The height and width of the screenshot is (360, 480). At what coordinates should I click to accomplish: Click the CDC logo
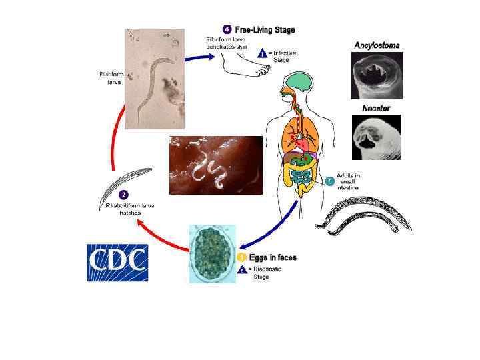(x=117, y=262)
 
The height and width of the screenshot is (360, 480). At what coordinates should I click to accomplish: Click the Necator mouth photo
(x=377, y=137)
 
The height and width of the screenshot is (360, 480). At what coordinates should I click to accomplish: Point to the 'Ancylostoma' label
(x=377, y=45)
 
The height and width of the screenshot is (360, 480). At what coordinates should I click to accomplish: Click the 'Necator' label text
(x=376, y=108)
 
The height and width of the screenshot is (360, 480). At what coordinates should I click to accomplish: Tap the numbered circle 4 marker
(x=227, y=29)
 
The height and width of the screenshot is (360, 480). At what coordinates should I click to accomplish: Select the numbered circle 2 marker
(x=123, y=195)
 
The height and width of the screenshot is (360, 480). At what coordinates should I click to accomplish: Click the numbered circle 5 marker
(x=329, y=181)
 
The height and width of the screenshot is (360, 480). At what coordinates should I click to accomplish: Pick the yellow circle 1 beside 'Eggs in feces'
(x=243, y=257)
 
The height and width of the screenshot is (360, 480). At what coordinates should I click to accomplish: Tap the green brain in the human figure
(x=302, y=83)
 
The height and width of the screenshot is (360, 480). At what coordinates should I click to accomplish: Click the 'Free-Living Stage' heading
(x=265, y=30)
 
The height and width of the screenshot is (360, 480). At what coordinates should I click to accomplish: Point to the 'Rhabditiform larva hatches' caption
(x=131, y=209)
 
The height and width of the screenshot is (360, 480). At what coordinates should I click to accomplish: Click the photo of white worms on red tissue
(x=215, y=165)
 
